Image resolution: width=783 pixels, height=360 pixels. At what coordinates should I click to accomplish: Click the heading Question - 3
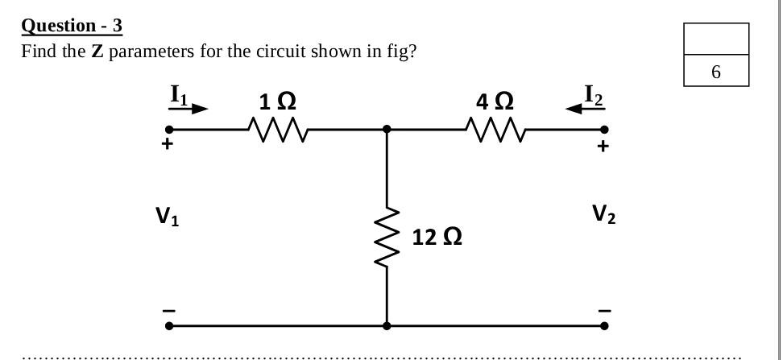click(x=72, y=26)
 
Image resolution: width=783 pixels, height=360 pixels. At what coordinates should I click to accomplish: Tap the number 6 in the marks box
click(x=715, y=72)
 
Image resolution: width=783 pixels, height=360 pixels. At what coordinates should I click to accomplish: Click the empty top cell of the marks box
click(x=715, y=39)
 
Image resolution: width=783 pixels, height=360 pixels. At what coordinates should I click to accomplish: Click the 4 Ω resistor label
click(x=495, y=102)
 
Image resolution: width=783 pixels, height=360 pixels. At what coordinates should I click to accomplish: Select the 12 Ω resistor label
click(x=437, y=238)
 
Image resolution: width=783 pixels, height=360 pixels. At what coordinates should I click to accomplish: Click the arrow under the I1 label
click(x=193, y=108)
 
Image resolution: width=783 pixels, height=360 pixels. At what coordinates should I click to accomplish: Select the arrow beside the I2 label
click(x=576, y=109)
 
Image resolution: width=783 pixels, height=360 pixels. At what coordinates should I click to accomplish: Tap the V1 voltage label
click(x=167, y=216)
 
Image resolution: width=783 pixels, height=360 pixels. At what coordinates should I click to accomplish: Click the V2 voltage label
click(x=603, y=213)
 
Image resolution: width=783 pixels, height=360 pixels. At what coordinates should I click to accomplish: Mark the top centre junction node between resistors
click(x=387, y=129)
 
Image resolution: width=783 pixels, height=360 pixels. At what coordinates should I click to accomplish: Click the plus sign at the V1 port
click(x=168, y=146)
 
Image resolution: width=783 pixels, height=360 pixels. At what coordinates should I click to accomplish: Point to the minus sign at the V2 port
click(x=604, y=310)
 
